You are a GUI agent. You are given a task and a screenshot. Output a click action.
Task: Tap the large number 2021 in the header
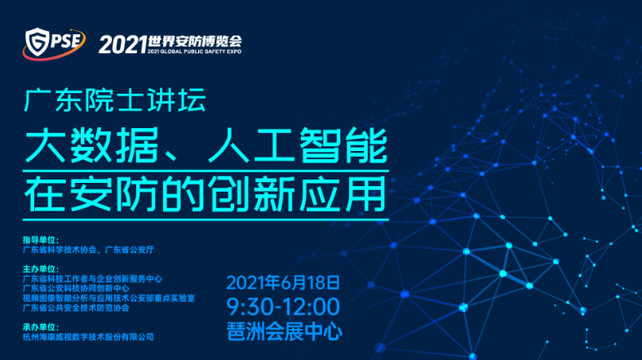click(122, 44)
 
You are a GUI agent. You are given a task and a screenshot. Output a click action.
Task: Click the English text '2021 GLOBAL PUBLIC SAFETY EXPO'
click(194, 51)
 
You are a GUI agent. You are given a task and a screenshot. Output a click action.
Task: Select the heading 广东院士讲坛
click(115, 100)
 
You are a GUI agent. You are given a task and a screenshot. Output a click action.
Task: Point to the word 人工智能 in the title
click(298, 145)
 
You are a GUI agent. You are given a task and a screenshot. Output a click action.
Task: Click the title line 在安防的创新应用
click(205, 193)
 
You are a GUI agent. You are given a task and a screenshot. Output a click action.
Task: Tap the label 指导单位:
click(41, 240)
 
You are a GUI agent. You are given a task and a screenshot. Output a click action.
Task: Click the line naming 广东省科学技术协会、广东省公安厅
click(88, 250)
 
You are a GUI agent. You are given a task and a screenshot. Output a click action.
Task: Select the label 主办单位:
click(41, 269)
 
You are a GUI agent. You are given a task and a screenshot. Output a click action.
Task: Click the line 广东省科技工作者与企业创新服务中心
click(92, 279)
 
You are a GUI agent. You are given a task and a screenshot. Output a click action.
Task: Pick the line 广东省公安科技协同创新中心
click(76, 288)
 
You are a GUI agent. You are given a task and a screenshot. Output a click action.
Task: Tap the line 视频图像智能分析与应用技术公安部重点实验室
click(109, 298)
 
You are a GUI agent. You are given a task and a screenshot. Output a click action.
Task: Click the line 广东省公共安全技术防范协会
click(76, 308)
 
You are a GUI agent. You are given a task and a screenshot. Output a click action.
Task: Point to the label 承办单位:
click(41, 327)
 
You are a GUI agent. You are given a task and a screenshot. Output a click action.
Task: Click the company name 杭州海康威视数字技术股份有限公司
click(88, 337)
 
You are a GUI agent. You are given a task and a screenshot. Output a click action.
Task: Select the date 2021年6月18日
click(283, 282)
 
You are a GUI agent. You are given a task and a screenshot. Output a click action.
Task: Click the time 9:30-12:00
click(283, 307)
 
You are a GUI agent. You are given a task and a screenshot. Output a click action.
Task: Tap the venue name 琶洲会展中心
click(285, 331)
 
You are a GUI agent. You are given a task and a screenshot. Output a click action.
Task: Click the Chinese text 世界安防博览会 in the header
click(195, 42)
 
